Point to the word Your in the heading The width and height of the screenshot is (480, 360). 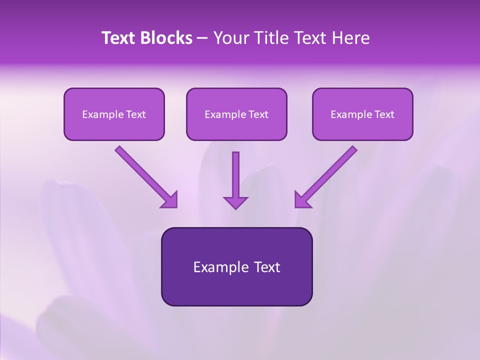click(230, 38)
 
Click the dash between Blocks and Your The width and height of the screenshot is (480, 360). click(202, 38)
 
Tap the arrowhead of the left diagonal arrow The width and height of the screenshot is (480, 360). click(170, 200)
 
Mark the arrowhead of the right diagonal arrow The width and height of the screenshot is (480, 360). click(301, 200)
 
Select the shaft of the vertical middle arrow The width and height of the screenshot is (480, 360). click(235, 172)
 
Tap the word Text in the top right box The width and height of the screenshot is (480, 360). click(384, 114)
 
